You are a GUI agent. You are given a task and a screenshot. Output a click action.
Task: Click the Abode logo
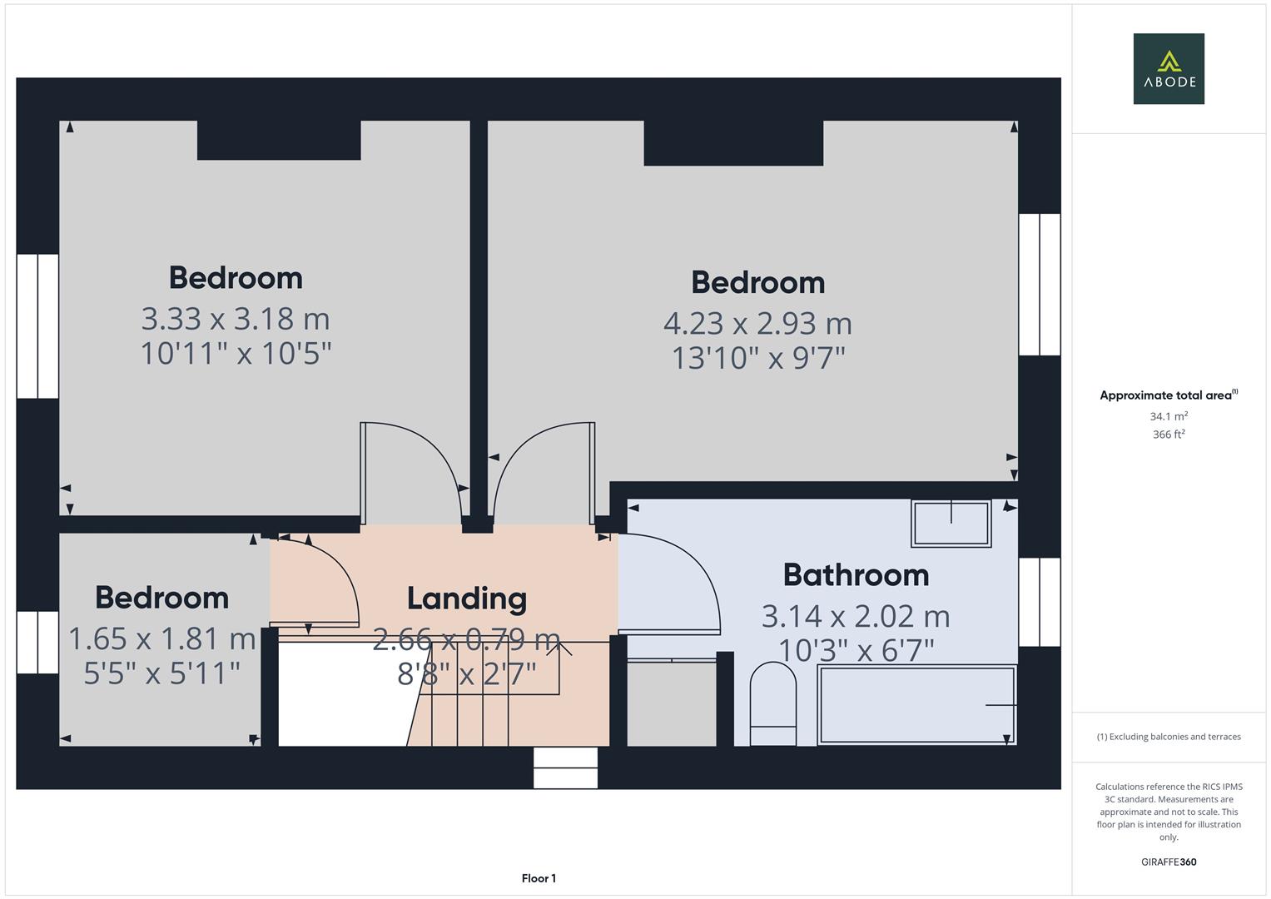[x=1168, y=68]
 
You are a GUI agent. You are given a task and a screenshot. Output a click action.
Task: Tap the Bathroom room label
[x=856, y=575]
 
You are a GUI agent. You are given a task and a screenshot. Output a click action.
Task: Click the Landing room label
[x=466, y=599]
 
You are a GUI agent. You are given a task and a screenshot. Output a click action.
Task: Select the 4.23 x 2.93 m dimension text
[x=757, y=323]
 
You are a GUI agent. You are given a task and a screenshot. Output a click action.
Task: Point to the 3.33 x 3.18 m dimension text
[x=236, y=319]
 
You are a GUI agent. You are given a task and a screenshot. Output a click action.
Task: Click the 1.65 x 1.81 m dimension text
[x=161, y=638]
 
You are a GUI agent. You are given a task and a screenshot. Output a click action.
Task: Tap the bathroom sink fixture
[x=951, y=524]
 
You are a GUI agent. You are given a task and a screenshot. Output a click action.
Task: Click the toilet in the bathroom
[x=773, y=703]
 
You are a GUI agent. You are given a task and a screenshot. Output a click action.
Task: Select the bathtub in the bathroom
[x=916, y=704]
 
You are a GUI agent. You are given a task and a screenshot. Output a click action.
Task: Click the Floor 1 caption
[x=539, y=878]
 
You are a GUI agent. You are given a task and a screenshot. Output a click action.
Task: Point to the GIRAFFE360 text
[x=1168, y=862]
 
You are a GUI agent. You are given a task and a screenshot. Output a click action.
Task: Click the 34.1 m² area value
[x=1168, y=416]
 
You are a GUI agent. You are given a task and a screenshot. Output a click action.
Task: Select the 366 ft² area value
[x=1168, y=435]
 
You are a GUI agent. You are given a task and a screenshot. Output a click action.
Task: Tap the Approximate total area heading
[x=1168, y=395]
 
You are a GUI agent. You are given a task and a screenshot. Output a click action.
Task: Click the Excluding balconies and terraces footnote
[x=1168, y=737]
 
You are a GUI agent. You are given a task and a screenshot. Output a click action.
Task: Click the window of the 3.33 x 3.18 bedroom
[x=37, y=325]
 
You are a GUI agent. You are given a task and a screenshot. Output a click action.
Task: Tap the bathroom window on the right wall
[x=1040, y=602]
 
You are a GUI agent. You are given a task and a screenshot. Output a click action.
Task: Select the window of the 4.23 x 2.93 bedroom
[x=1040, y=285]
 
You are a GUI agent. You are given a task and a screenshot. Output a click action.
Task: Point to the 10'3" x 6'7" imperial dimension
[x=856, y=650]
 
